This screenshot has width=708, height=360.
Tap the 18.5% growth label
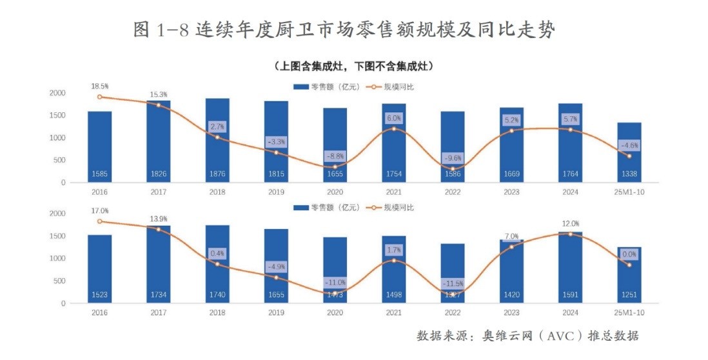(100, 85)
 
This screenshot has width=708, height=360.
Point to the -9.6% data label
(453, 157)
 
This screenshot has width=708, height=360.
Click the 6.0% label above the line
(394, 118)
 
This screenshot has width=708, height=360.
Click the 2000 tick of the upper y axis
(57, 93)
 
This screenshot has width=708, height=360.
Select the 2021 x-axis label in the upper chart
(394, 192)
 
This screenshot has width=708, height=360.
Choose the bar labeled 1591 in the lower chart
(570, 267)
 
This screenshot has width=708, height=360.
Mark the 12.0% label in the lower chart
(570, 224)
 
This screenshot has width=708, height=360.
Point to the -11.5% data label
(453, 283)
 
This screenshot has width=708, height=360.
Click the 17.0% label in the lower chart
(100, 210)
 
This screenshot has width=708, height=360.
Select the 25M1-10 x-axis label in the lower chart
(629, 313)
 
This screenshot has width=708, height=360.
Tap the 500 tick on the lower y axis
(59, 281)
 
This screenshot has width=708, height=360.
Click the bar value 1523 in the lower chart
(100, 295)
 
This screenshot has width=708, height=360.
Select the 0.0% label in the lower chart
(629, 254)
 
